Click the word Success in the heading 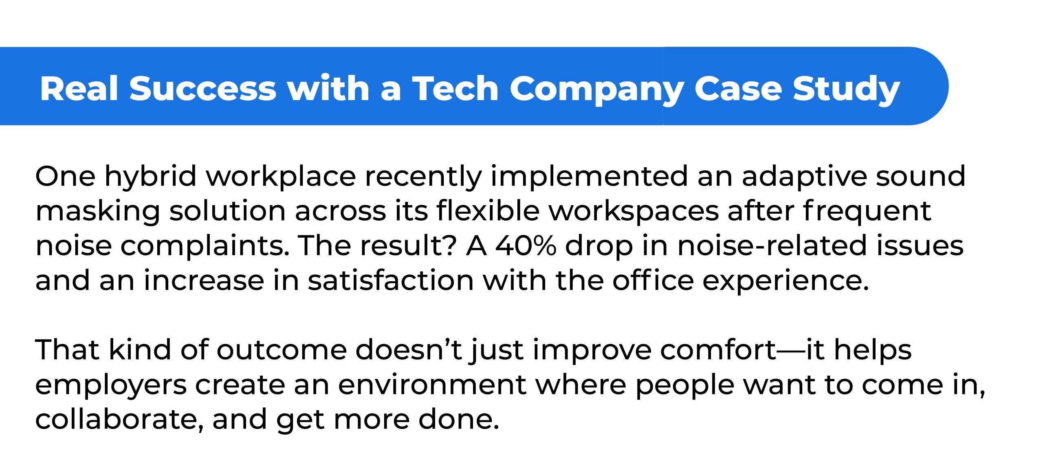point(203,88)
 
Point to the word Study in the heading point(846,90)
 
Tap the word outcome point(282,350)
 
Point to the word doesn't point(409,350)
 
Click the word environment point(432,385)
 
